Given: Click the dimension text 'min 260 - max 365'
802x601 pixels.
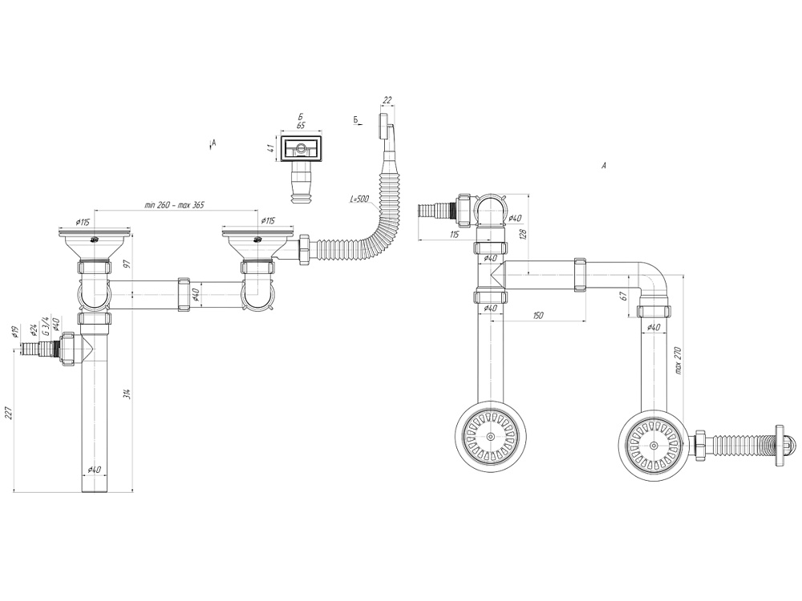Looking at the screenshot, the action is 174,205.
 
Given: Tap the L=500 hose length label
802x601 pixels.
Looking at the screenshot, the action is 359,199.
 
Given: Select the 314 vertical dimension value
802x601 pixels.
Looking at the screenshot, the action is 128,394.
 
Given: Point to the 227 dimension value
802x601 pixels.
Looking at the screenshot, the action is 8,412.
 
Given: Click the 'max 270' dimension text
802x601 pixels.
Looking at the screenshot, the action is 678,361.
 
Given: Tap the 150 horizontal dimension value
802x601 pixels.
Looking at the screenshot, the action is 537,315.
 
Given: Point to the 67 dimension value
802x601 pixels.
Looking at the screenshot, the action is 622,296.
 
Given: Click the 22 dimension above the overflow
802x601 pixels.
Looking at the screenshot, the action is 387,101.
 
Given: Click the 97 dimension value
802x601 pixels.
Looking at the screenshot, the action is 128,264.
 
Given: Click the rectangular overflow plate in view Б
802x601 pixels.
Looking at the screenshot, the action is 301,148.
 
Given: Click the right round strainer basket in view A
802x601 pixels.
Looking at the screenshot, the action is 653,445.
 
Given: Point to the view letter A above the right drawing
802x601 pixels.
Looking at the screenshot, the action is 604,165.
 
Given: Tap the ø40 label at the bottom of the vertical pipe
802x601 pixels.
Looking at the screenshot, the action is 94,469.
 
